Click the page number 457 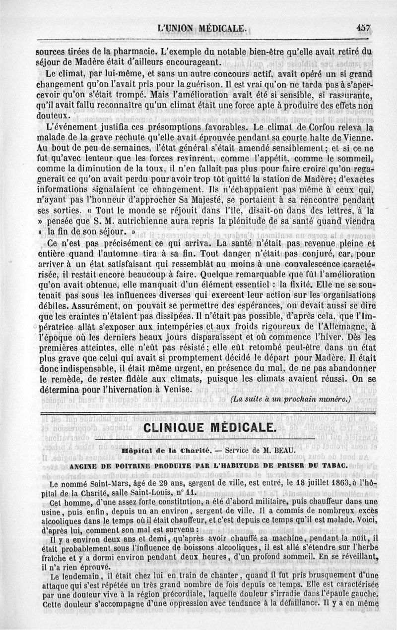click(364, 28)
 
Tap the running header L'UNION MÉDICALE click(201, 29)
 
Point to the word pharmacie click(132, 52)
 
